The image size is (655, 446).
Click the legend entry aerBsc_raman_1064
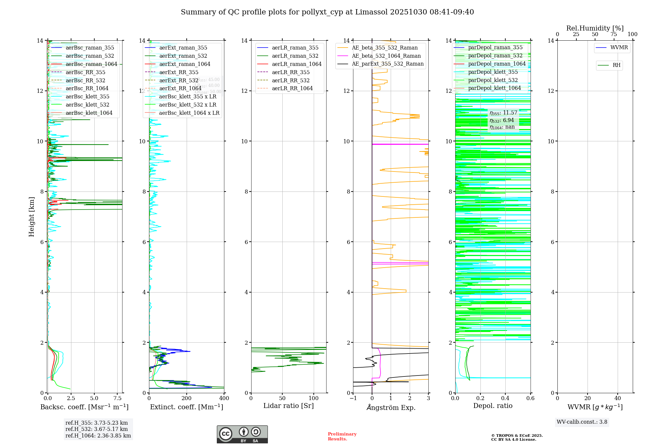[91, 64]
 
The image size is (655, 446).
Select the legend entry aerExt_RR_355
[178, 72]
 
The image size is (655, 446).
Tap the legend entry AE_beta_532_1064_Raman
[386, 56]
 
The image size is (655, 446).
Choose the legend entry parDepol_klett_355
[493, 72]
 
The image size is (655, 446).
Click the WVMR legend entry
[619, 48]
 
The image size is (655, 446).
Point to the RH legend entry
[616, 65]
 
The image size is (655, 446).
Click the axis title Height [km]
[31, 216]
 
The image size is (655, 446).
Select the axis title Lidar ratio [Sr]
[288, 406]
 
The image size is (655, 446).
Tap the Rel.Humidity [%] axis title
[595, 28]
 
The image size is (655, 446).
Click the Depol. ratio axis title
[493, 406]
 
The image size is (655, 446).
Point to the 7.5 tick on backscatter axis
[118, 398]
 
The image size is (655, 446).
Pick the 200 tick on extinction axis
[187, 398]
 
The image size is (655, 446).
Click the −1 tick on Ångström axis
[353, 398]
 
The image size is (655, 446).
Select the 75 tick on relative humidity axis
[613, 34]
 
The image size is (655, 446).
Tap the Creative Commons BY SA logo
[242, 434]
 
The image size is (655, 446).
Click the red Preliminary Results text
[342, 436]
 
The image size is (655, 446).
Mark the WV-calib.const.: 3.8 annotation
[582, 422]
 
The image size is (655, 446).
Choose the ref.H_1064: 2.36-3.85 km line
[98, 436]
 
